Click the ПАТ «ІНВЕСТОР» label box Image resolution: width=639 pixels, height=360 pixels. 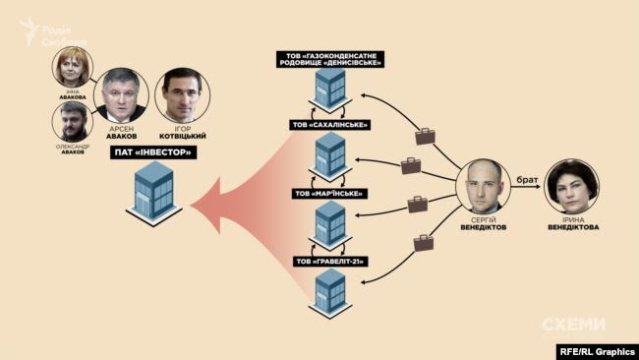(150, 153)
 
